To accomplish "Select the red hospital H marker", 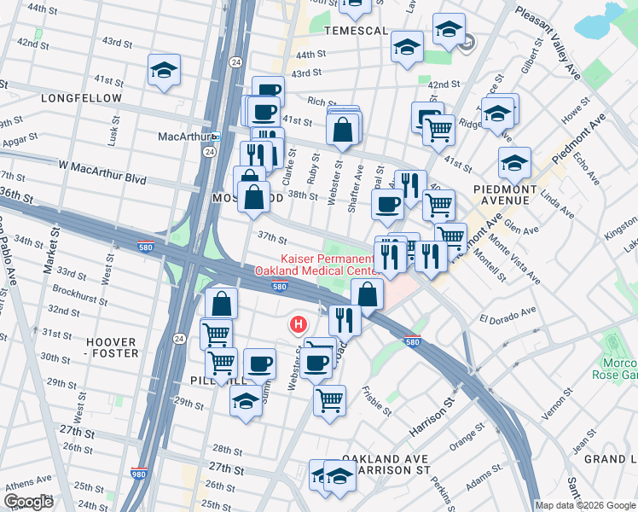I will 299,324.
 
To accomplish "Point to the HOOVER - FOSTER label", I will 111,348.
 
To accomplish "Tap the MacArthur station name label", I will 183,137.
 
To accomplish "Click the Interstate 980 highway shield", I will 139,473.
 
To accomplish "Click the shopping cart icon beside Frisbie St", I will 329,399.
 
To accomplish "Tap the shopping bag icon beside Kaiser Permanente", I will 367,294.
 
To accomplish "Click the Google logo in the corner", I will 28,501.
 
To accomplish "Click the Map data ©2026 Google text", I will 585,505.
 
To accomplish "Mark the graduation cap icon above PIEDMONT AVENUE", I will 515,161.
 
